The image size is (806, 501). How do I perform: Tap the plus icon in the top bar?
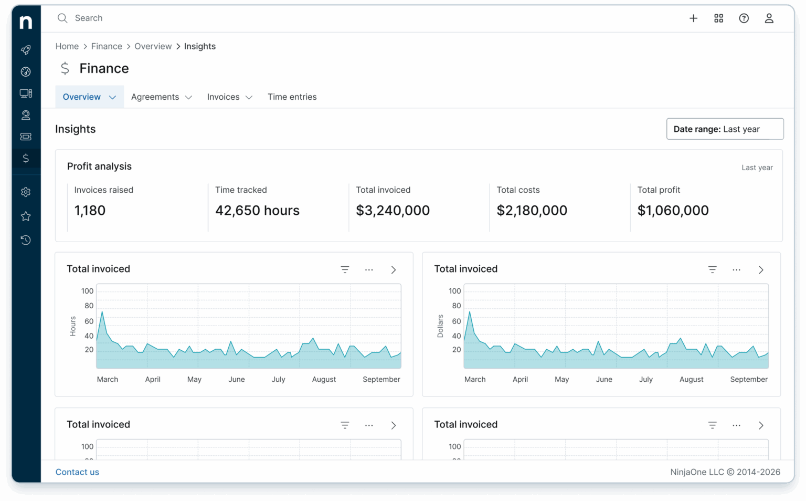tap(693, 18)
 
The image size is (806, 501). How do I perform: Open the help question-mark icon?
tap(744, 18)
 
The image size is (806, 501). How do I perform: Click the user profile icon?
tap(769, 18)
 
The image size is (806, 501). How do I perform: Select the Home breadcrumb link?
tap(67, 46)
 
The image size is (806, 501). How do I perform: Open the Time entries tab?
tap(292, 97)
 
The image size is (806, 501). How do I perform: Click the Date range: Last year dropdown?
tap(725, 129)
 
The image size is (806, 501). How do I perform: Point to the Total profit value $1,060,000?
tap(673, 211)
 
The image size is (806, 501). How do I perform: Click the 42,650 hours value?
tap(257, 211)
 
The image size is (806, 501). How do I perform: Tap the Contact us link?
tap(77, 472)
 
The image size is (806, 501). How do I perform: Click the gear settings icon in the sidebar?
tap(26, 192)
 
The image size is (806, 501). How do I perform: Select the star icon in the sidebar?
tap(26, 216)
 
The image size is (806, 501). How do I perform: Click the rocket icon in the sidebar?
tap(26, 50)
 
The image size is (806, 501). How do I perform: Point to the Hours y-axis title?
tap(73, 326)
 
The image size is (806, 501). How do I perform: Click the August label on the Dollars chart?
tap(691, 379)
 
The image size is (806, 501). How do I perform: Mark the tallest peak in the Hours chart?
tap(102, 312)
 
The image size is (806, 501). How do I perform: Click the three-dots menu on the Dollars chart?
tap(736, 270)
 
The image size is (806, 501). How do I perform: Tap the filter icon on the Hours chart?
tap(345, 270)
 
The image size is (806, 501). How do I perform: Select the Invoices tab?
tap(229, 97)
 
